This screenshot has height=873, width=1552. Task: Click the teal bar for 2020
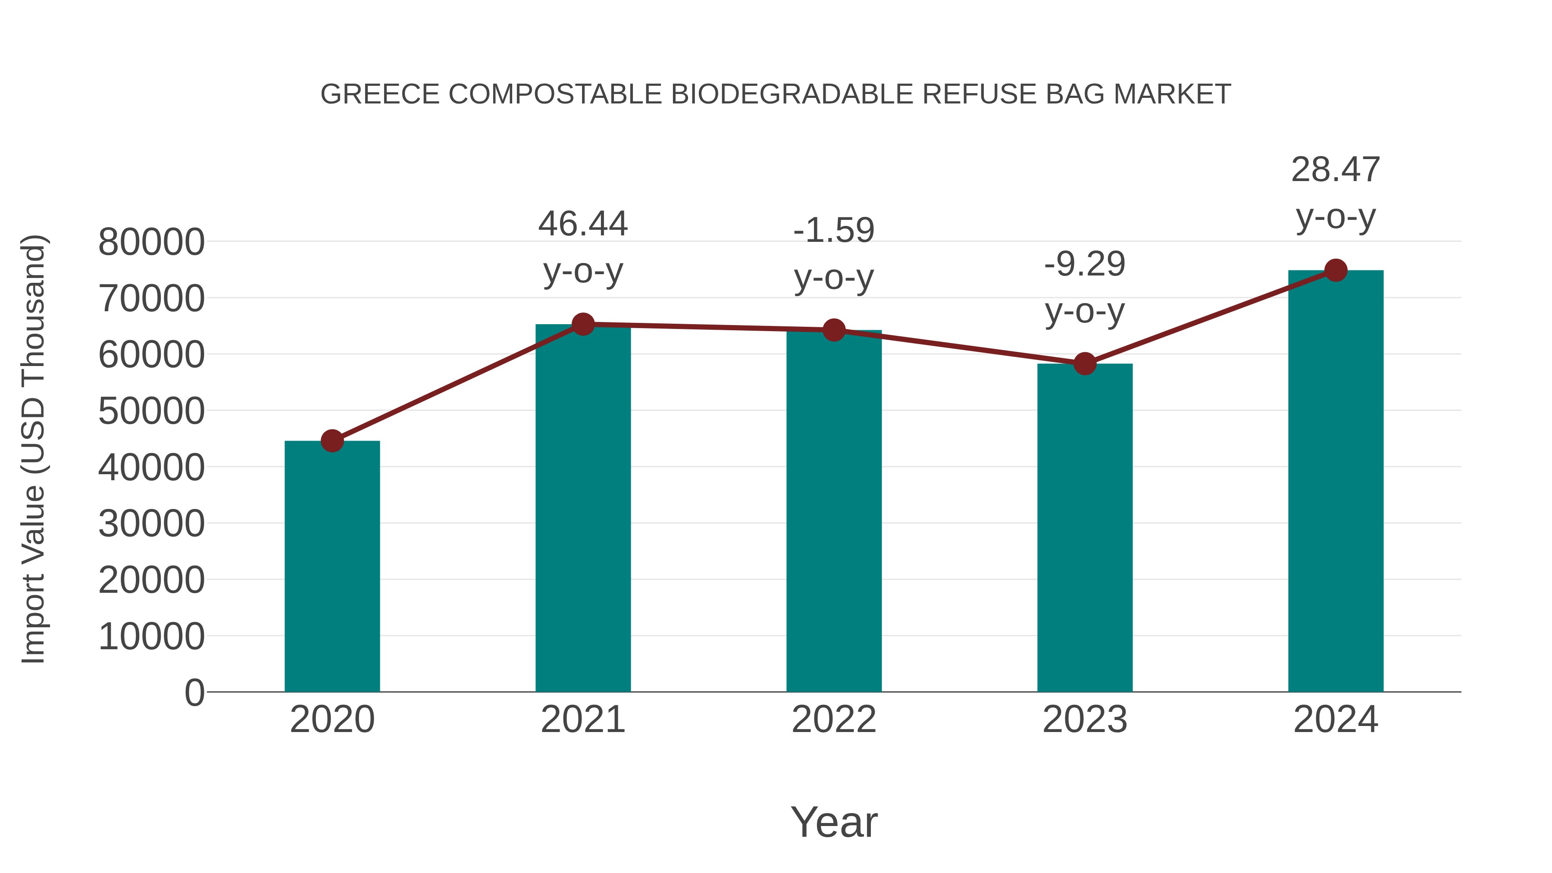(x=332, y=566)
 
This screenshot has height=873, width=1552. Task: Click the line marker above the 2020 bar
(x=332, y=441)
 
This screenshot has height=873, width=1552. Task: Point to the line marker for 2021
(x=582, y=324)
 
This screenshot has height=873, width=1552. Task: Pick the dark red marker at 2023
(x=1085, y=363)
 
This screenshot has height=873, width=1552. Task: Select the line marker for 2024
(x=1336, y=270)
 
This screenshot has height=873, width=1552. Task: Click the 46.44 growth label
(x=582, y=224)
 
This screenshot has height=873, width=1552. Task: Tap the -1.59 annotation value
(x=834, y=231)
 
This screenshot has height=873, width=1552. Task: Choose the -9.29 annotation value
(x=1085, y=265)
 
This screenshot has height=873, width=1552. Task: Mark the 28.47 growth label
(x=1336, y=170)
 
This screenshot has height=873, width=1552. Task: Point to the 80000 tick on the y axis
(x=151, y=242)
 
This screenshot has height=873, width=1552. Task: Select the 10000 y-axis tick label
(x=151, y=636)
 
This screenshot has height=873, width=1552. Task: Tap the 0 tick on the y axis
(x=194, y=692)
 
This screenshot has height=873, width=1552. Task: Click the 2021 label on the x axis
(x=582, y=720)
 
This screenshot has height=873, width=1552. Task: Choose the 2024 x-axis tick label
(x=1336, y=720)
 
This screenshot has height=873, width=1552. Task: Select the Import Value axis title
(x=34, y=449)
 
